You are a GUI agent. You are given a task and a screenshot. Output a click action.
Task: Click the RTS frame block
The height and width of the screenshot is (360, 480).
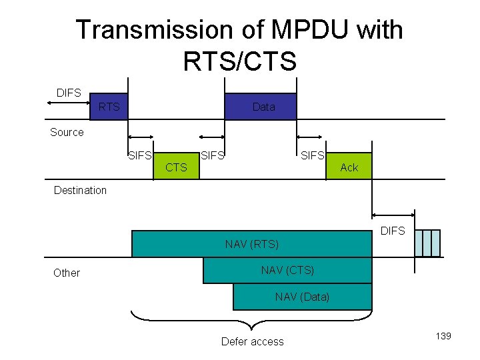(109, 106)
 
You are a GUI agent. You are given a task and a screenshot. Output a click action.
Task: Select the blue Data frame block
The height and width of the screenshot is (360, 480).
(260, 106)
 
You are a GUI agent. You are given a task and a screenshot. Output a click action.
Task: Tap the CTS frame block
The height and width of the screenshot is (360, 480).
(176, 167)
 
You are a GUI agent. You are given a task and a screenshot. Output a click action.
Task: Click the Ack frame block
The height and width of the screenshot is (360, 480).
(349, 167)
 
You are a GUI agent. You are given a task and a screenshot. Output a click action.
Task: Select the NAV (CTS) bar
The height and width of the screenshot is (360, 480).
(287, 270)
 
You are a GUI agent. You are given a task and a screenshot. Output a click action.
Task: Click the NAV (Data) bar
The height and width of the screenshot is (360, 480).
(302, 297)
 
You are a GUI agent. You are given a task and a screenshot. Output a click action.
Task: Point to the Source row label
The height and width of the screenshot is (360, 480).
(67, 132)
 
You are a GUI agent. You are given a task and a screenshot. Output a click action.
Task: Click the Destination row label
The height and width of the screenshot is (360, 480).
(80, 190)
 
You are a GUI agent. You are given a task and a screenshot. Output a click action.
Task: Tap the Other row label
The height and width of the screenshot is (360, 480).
(66, 273)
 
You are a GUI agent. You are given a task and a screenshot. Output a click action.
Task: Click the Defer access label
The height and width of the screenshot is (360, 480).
(252, 341)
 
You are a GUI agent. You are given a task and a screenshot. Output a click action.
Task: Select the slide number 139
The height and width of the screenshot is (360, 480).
(443, 336)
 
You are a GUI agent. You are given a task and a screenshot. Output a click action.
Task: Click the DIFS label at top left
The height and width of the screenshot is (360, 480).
(69, 93)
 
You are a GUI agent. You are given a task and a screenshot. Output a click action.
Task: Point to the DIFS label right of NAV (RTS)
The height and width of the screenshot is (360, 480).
(392, 231)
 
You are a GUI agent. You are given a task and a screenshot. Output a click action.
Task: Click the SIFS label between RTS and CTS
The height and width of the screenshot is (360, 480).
(139, 156)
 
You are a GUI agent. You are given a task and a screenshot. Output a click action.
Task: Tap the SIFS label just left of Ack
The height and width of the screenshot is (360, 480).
(313, 155)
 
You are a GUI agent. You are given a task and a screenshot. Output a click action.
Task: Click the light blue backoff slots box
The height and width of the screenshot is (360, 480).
(427, 243)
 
